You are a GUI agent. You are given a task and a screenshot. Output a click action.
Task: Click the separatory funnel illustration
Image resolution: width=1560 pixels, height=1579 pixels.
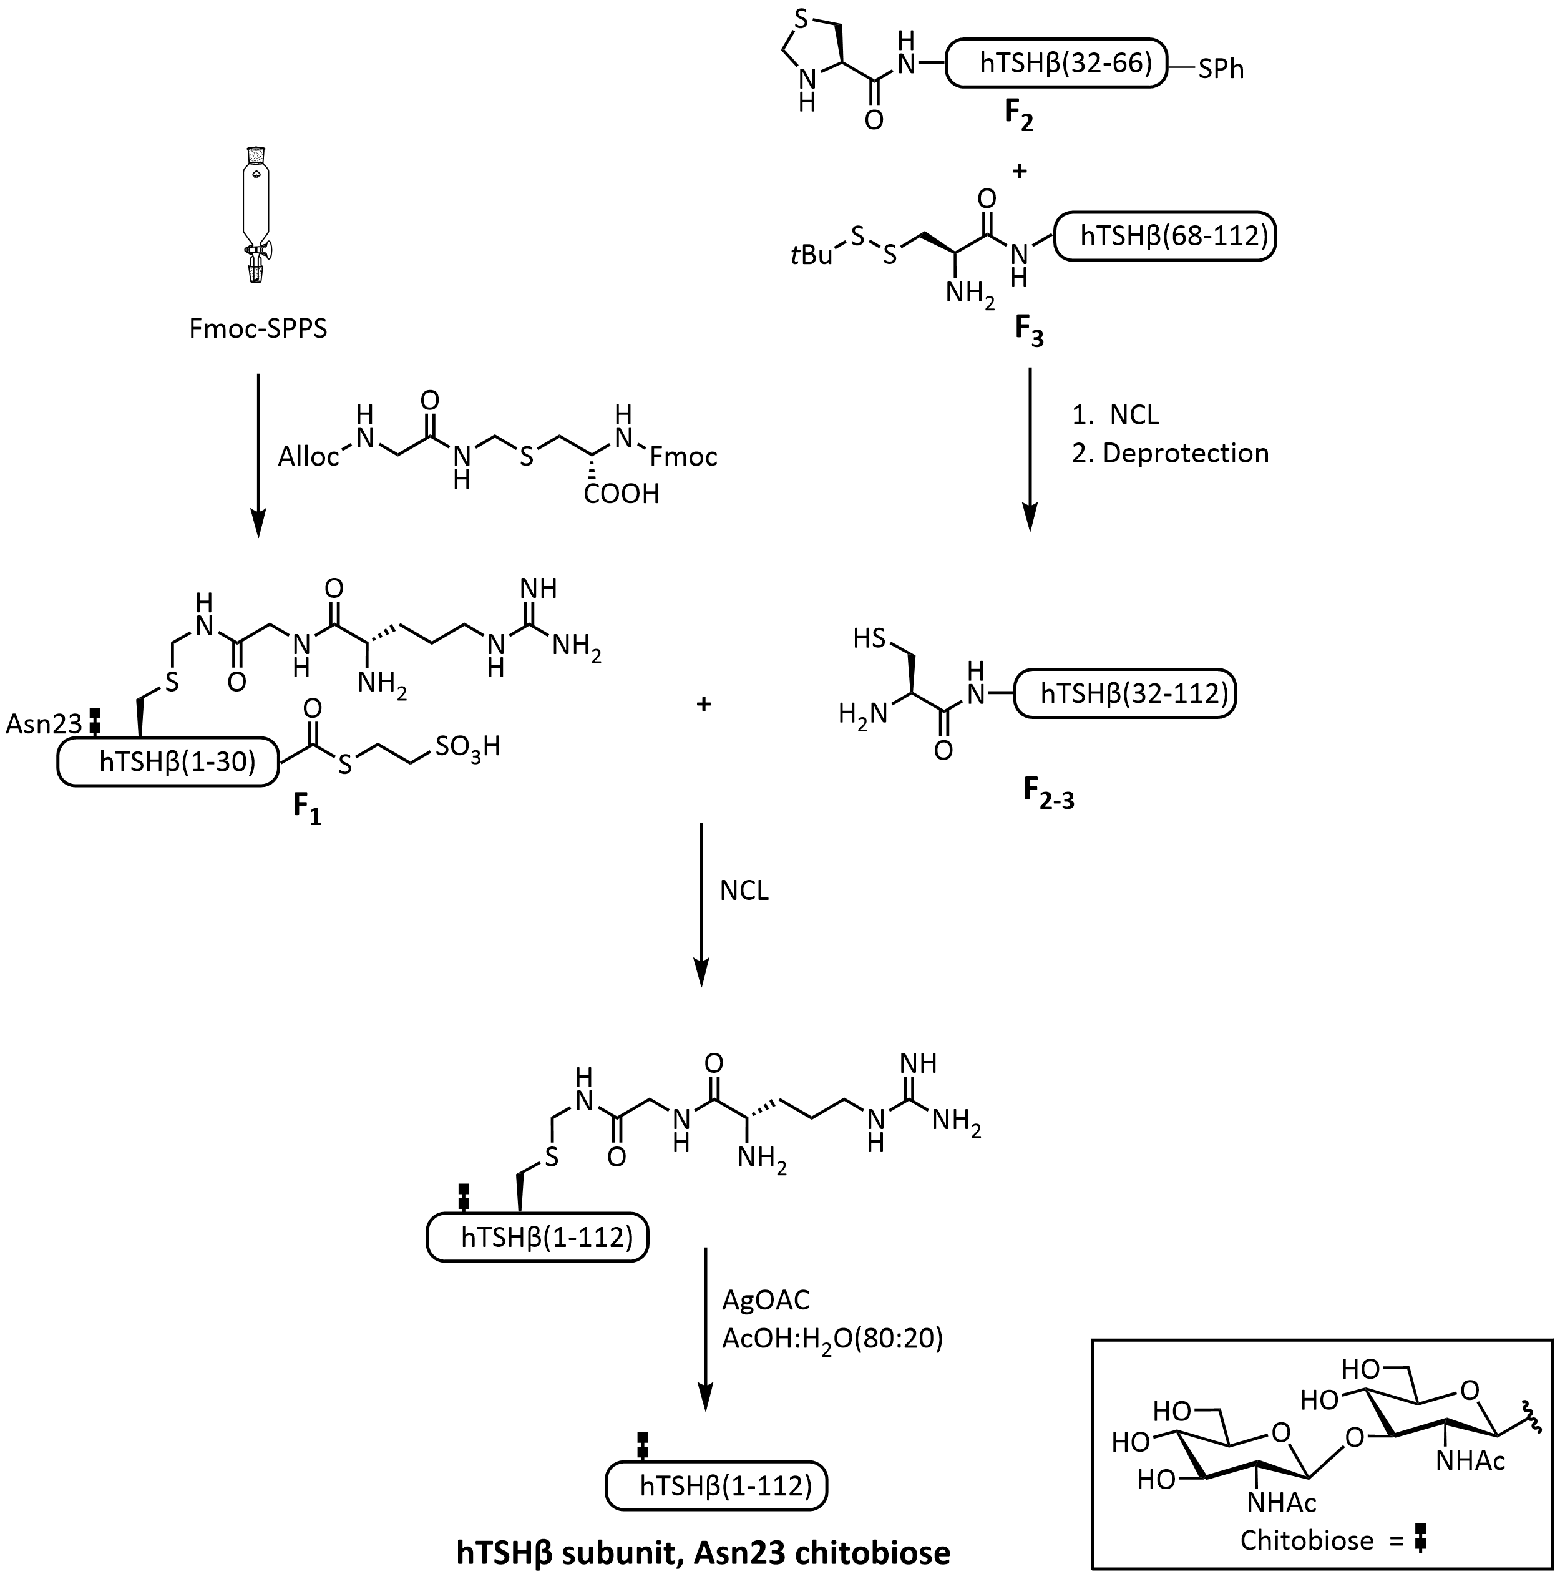tap(258, 214)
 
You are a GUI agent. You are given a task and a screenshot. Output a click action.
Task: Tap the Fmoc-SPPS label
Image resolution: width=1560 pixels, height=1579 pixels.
tap(258, 328)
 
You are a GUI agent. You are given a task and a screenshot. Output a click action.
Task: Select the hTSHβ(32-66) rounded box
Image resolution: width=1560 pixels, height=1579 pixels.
tap(1056, 63)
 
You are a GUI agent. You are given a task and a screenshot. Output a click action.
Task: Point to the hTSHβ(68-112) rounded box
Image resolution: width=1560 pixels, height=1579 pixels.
tap(1165, 236)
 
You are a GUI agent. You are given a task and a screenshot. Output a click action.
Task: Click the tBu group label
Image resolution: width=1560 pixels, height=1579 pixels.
tap(811, 256)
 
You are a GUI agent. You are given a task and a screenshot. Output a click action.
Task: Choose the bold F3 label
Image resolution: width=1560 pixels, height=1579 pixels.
tap(1029, 331)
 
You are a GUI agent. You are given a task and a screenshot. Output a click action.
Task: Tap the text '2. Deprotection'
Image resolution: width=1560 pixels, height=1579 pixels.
tap(1170, 452)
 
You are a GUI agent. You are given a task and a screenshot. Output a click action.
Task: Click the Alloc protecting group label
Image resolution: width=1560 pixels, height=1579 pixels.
tap(308, 456)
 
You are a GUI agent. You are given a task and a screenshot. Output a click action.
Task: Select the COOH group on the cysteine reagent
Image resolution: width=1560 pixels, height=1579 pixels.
tap(621, 494)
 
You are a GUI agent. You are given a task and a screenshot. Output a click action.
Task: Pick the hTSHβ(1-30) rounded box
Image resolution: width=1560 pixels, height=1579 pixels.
tap(168, 761)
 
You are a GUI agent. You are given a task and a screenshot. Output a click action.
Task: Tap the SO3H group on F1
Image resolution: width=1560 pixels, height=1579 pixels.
tap(467, 746)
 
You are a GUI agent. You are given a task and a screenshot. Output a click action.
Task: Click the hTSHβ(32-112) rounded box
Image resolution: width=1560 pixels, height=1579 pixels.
tap(1124, 694)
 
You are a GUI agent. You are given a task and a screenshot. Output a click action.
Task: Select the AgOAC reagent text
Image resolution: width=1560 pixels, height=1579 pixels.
tap(765, 1299)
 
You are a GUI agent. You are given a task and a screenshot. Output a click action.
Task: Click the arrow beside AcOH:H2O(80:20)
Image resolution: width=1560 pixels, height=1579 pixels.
tap(704, 1329)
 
